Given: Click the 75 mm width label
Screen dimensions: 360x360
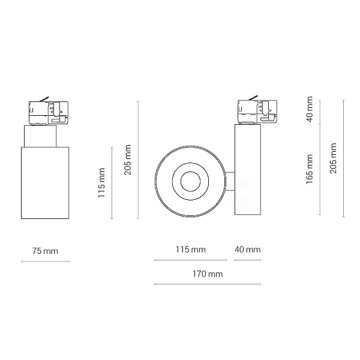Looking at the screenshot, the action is pos(45,251).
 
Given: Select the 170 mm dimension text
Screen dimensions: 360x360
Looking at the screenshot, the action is pos(208,274).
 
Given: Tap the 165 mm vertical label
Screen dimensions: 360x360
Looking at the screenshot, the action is pos(310,169).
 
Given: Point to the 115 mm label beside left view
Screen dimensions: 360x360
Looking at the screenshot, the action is pos(101,183).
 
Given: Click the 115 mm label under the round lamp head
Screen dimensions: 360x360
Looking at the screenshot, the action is pos(191,250).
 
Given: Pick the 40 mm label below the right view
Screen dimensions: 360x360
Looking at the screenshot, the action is pos(247,250).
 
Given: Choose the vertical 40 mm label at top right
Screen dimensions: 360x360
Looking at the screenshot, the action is pos(310,109).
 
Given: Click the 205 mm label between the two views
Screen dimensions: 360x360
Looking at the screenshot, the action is pos(127,160).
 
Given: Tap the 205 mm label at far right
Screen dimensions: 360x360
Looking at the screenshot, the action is pos(333,158).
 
